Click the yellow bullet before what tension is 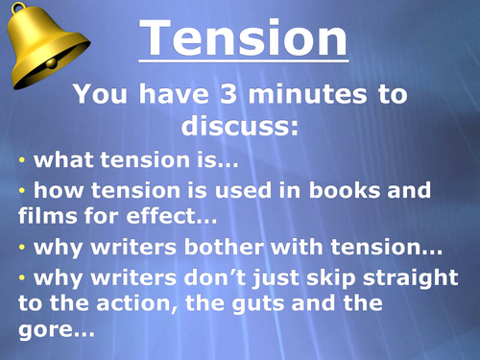[x=23, y=158]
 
